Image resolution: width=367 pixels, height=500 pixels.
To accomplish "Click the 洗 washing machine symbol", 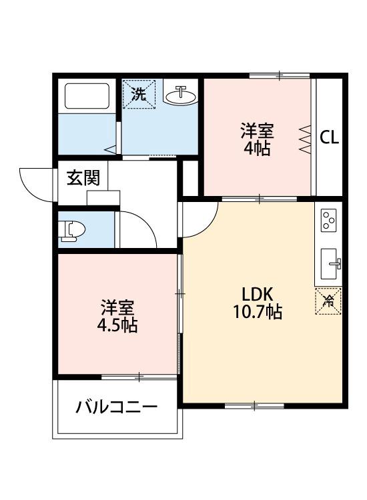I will point(138,93).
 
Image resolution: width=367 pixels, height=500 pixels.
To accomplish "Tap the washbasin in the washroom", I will point(180,96).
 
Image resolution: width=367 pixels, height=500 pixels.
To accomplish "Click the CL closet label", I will point(330,138).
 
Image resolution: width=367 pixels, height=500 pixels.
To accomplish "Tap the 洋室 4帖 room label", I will point(257,139).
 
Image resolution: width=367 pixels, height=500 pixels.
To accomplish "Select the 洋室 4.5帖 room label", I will point(119,317).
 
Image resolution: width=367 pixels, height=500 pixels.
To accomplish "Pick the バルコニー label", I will point(116,407).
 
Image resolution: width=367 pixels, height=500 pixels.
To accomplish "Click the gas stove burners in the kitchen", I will point(328,219).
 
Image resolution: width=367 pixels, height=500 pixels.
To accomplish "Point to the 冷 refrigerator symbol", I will point(328,301).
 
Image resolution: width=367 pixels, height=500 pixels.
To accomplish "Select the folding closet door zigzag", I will point(306,139).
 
